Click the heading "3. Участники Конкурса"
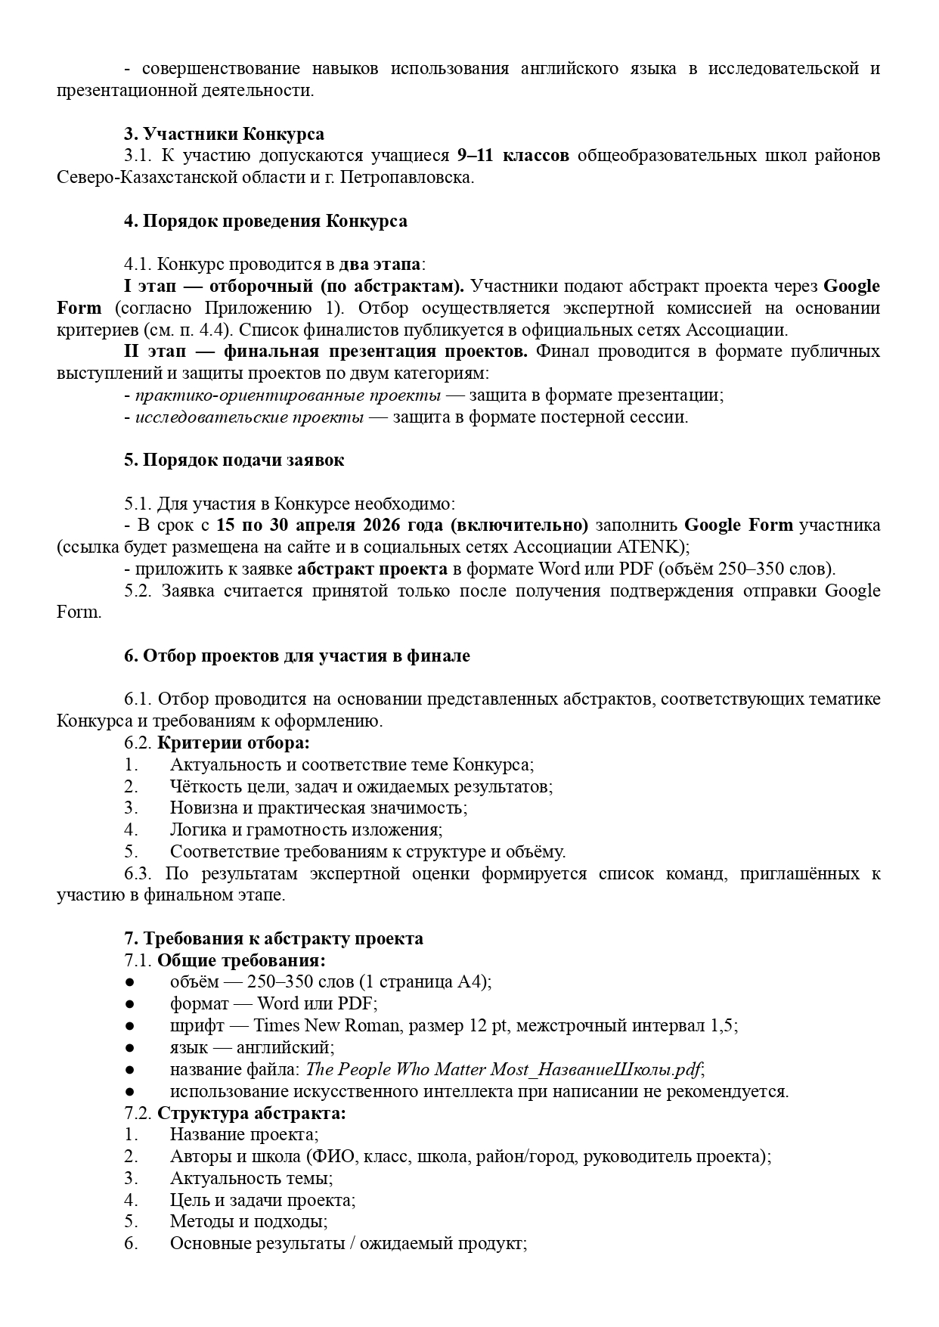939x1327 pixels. point(224,134)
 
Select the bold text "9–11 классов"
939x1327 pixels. point(513,156)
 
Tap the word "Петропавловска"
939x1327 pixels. point(404,178)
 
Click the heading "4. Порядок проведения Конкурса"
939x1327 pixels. point(265,221)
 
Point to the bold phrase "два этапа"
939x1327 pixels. point(380,265)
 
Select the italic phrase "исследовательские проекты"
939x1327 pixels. point(249,417)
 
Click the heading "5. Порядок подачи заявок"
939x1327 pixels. point(234,460)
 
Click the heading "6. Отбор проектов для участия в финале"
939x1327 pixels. point(296,656)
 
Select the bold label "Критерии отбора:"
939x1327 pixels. point(233,743)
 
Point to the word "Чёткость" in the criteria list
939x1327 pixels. point(202,786)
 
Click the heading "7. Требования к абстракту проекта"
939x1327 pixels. point(273,938)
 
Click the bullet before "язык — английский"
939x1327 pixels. point(129,1047)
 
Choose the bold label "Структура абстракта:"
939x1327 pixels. point(251,1113)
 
